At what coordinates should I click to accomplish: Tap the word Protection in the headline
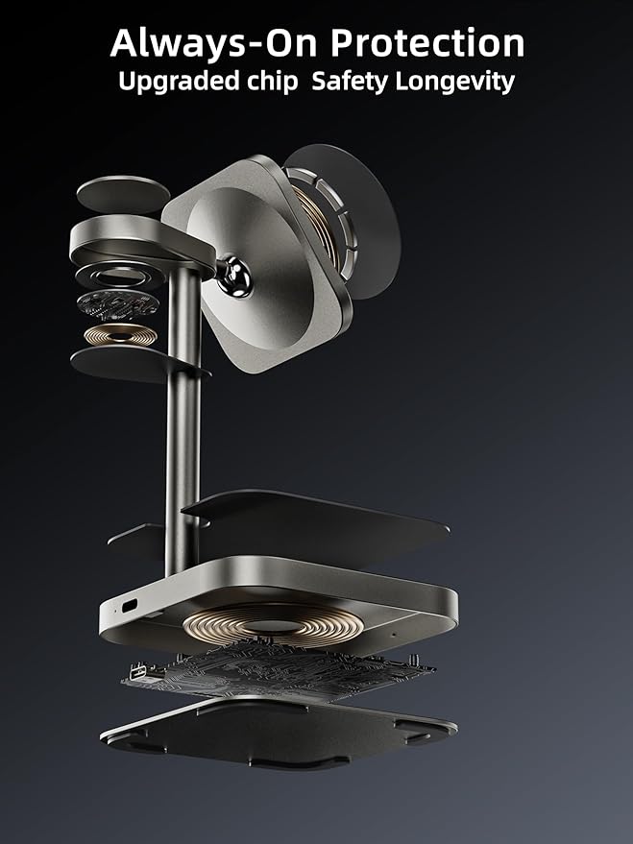click(427, 42)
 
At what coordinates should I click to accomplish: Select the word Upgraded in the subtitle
click(180, 83)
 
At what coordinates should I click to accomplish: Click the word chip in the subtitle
click(273, 83)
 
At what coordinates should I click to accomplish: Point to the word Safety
click(350, 82)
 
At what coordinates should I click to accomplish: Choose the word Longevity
click(455, 83)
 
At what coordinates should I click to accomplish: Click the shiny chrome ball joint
click(234, 277)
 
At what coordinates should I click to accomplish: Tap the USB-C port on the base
click(131, 606)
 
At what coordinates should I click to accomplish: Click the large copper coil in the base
click(272, 624)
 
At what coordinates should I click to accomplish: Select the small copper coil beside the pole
click(121, 335)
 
